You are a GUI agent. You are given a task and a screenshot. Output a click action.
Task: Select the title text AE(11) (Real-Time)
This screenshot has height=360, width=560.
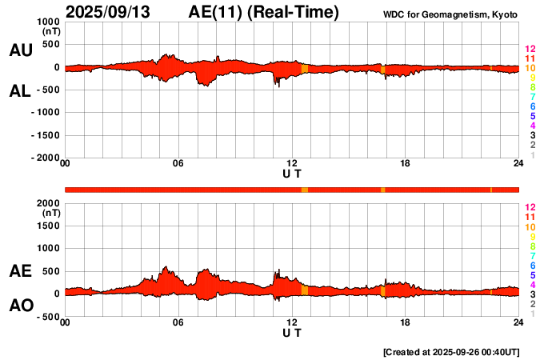[264, 12]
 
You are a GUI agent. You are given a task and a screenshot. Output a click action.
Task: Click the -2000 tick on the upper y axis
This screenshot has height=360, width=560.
[45, 158]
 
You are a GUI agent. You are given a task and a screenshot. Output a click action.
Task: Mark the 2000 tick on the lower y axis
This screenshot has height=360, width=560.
[49, 203]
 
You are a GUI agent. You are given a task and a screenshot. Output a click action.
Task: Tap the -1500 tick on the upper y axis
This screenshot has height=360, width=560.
[45, 136]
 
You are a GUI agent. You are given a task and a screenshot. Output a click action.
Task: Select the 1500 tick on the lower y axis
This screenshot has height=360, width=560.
[49, 226]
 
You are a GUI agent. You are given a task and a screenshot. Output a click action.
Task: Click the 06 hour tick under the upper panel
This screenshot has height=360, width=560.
[178, 164]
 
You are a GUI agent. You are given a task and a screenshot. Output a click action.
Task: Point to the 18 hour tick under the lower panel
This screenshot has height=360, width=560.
[405, 322]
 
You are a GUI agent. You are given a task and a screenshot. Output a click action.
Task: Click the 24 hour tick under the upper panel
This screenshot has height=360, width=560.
[518, 164]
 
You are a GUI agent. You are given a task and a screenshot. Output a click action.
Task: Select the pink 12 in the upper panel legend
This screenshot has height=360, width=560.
[530, 50]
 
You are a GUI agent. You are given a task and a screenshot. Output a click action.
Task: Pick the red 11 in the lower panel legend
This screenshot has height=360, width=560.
[530, 217]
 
